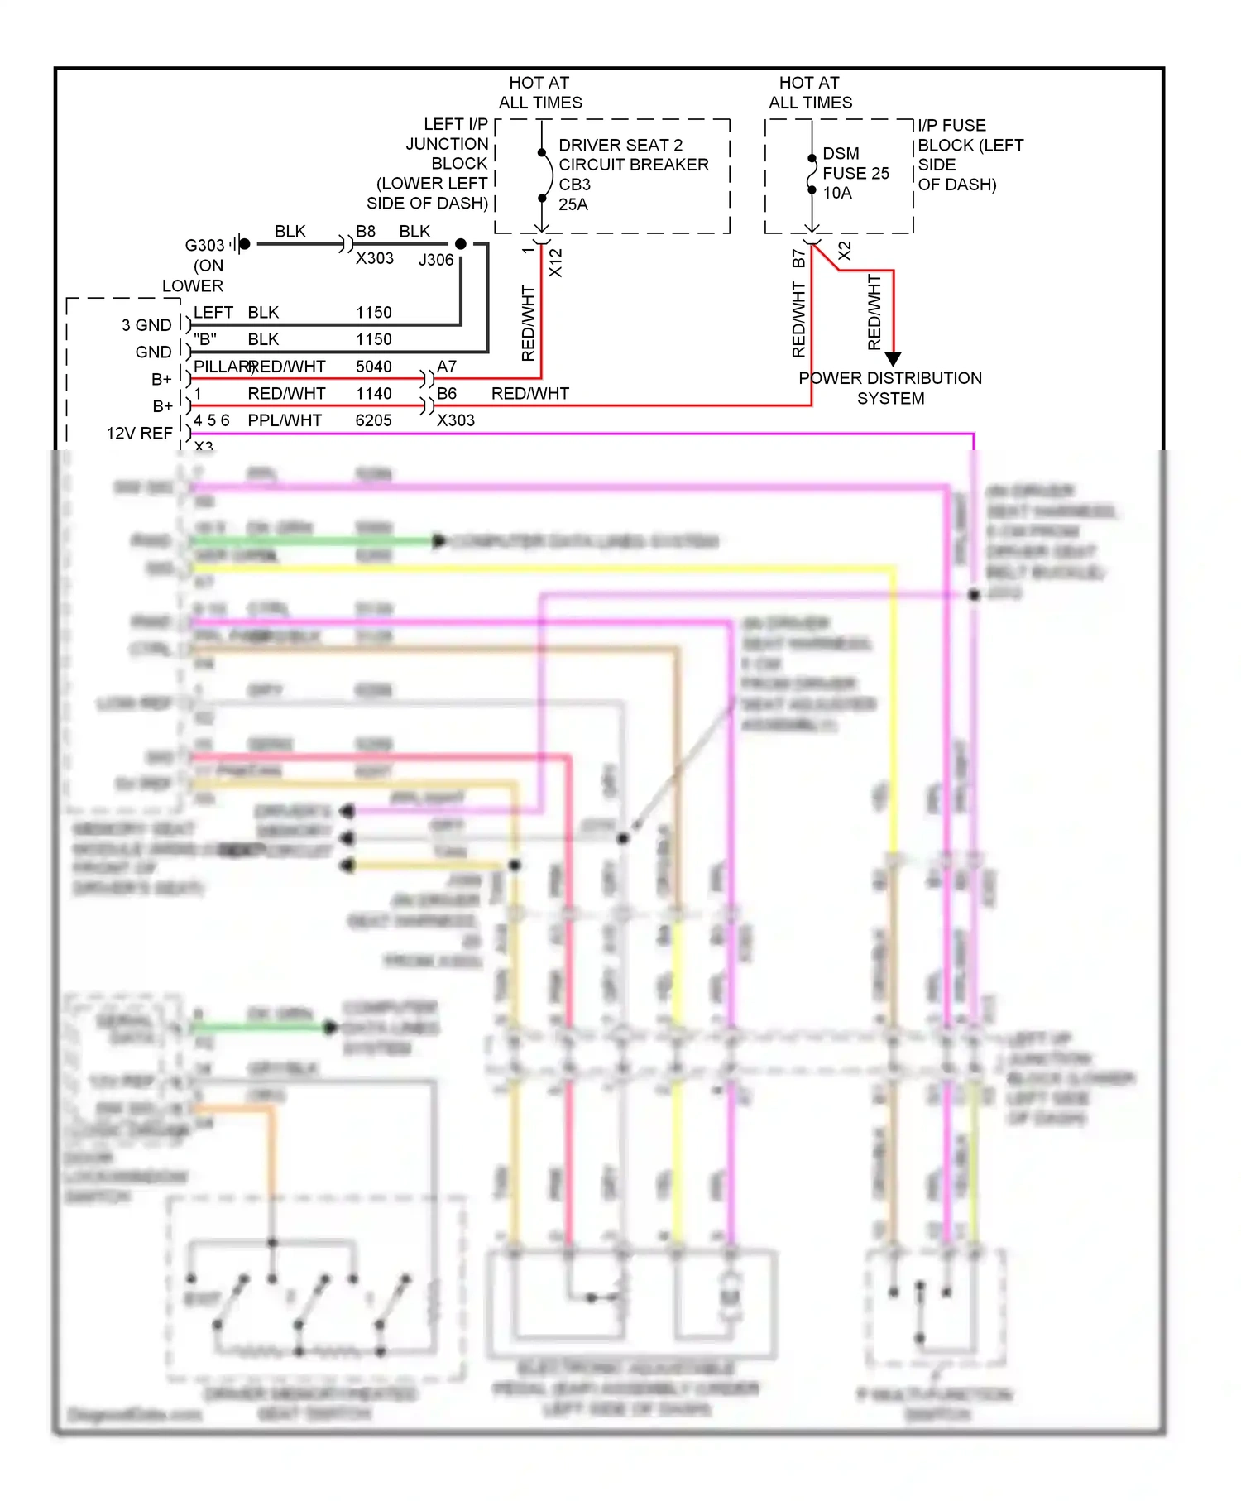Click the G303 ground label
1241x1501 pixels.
(204, 246)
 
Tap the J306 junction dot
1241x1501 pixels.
(461, 244)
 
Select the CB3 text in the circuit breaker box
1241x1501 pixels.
(574, 185)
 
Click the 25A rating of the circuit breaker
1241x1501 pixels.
(573, 204)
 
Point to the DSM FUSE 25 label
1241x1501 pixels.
(855, 164)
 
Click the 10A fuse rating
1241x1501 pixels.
(837, 193)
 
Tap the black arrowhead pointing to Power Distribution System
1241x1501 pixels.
(893, 359)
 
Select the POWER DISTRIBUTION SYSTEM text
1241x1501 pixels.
(890, 388)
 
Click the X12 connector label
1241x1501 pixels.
(556, 262)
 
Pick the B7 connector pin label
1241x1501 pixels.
(798, 258)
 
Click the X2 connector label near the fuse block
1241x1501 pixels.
(845, 252)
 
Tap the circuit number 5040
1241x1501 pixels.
(374, 367)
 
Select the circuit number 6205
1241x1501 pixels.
(373, 420)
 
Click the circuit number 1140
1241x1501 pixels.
(374, 394)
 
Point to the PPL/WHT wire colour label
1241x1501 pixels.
(285, 420)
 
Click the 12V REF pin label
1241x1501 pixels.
(139, 434)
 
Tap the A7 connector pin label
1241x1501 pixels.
(447, 367)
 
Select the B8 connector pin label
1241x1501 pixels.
(366, 232)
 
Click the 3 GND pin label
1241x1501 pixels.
(146, 325)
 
